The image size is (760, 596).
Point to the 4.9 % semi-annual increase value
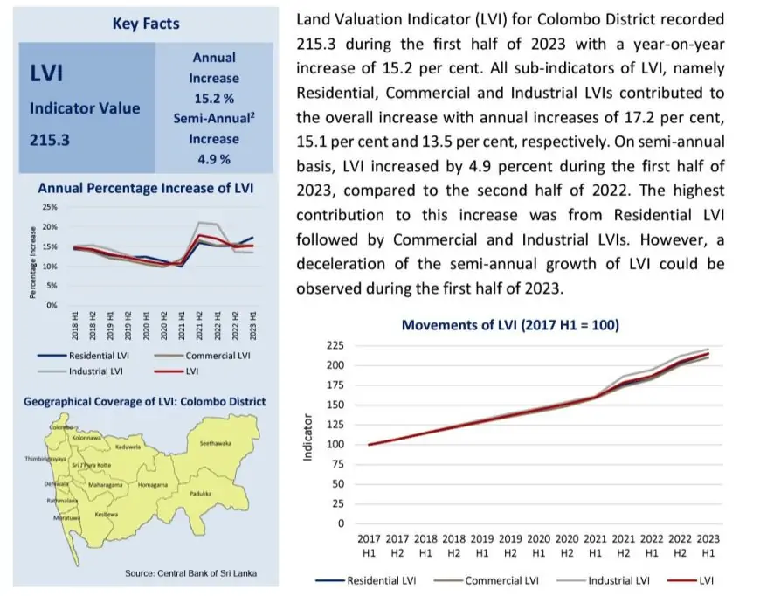214,159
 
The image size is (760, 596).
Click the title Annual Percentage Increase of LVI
146,188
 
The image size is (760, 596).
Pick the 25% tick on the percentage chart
50,207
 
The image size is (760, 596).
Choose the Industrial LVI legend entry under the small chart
96,371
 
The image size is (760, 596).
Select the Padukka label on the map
201,493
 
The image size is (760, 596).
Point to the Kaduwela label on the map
128,447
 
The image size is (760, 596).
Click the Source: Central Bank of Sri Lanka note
190,573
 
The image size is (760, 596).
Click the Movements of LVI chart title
510,325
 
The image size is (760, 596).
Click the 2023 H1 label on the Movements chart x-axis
709,545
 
